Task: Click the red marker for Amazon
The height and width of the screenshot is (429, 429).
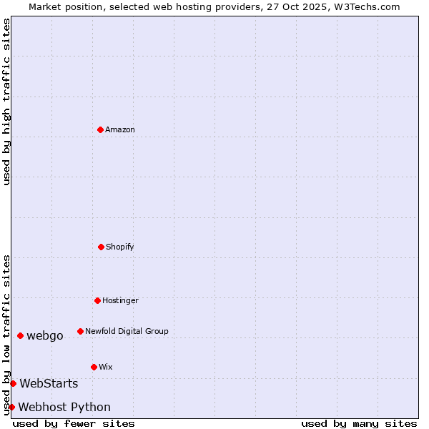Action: point(100,129)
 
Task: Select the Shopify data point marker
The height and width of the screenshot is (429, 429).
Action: point(101,247)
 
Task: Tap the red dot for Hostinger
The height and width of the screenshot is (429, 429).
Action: point(97,300)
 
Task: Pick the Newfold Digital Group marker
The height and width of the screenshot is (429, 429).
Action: point(80,331)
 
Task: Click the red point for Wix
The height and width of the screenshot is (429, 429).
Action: point(94,367)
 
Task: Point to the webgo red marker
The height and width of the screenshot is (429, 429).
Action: point(20,335)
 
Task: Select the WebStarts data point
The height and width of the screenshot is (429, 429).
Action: point(13,383)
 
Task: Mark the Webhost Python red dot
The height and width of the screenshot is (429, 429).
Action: point(11,407)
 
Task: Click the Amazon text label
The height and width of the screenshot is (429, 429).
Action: point(120,129)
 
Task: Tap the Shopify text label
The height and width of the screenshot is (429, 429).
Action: point(120,247)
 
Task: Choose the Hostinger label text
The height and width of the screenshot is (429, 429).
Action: point(120,300)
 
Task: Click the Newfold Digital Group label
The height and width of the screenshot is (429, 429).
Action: point(127,331)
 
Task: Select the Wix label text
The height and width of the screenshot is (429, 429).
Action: point(106,367)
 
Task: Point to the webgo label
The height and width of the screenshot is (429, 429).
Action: point(45,335)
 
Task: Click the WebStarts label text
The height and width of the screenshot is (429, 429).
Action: point(49,383)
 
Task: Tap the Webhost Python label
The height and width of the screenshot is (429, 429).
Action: point(64,407)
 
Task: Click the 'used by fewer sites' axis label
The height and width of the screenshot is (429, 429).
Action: point(74,423)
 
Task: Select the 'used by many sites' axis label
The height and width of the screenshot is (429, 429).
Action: point(359,423)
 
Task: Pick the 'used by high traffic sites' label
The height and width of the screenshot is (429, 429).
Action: point(6,102)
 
